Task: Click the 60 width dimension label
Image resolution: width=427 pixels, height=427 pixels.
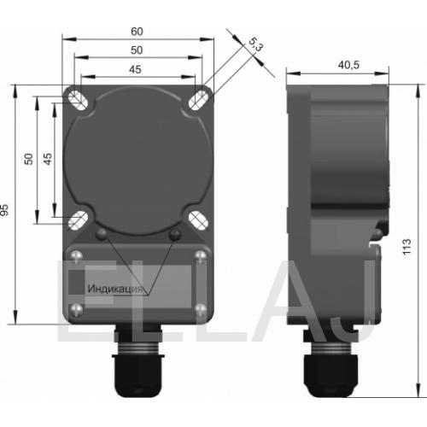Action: click(137, 32)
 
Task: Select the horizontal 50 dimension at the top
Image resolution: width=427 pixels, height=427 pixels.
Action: click(137, 50)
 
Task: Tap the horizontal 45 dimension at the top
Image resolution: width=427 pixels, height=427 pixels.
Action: click(135, 69)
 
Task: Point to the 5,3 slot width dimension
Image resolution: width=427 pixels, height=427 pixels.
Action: click(255, 44)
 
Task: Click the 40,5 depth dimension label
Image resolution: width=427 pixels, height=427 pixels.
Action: click(348, 65)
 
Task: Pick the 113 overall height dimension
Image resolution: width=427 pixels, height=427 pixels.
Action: click(407, 247)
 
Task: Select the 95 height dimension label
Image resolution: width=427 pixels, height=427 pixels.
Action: click(4, 210)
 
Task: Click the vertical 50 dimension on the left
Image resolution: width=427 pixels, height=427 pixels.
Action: click(28, 159)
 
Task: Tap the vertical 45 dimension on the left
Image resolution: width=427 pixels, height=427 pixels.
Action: click(48, 159)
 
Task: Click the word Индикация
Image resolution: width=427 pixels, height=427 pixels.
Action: click(114, 289)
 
